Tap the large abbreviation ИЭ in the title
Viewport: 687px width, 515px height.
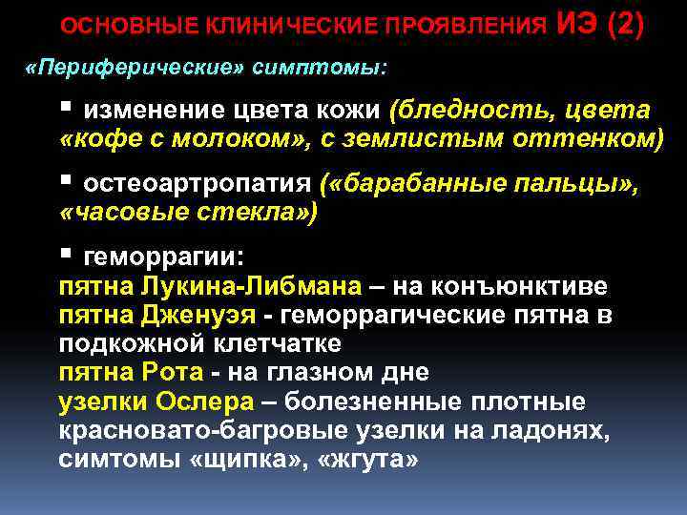(x=575, y=23)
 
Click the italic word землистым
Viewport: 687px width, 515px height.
(x=443, y=140)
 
